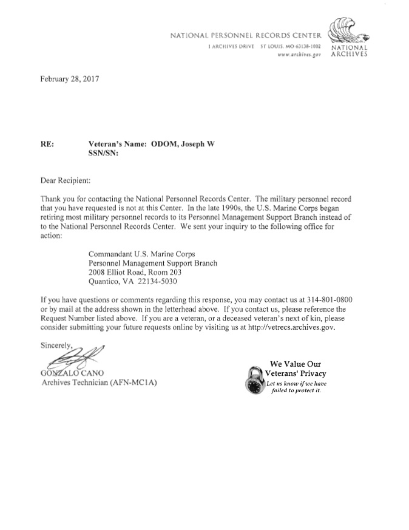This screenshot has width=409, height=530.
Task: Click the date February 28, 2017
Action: (69, 79)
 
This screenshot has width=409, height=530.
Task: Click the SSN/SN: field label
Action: (103, 154)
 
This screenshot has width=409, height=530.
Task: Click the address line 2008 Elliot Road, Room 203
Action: (139, 272)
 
